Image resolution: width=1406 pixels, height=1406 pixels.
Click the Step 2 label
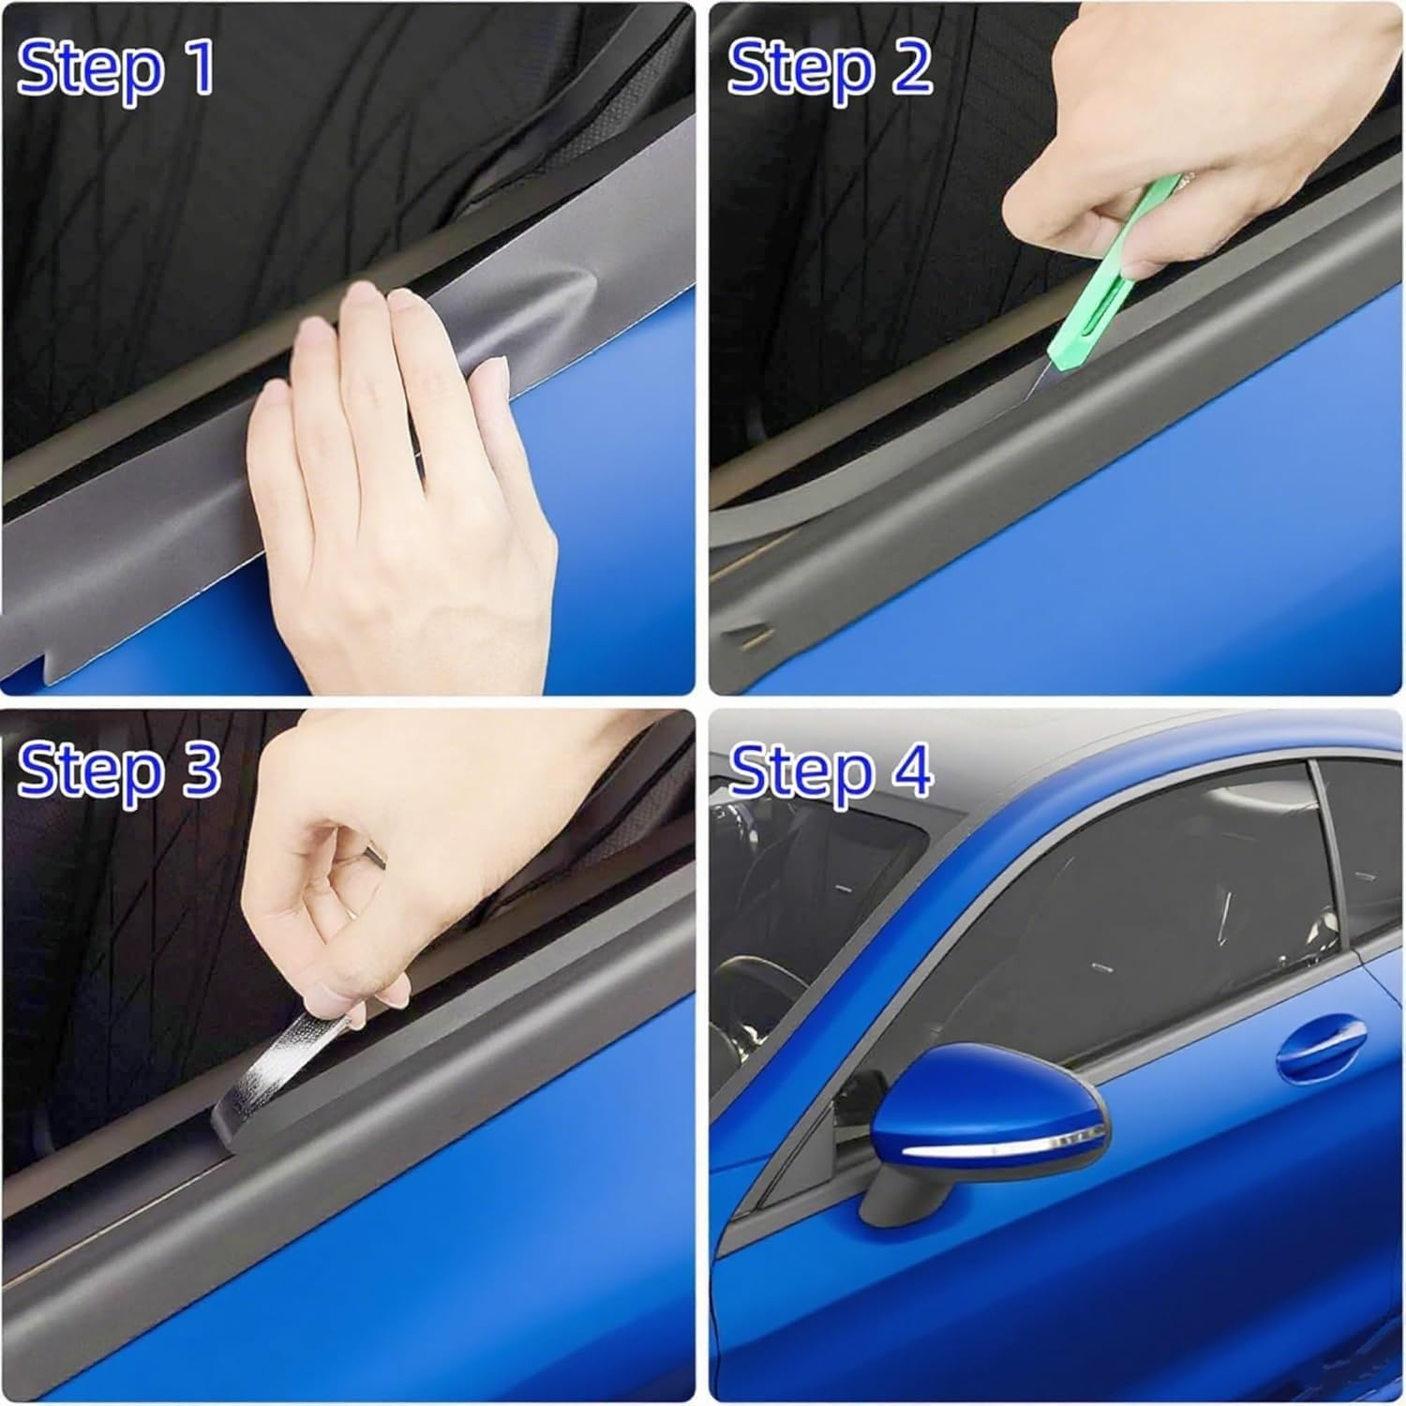(x=830, y=67)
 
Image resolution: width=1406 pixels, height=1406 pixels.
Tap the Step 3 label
(x=119, y=770)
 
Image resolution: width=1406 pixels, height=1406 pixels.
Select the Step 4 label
(x=830, y=770)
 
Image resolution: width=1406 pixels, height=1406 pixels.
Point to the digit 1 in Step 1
(x=199, y=67)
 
